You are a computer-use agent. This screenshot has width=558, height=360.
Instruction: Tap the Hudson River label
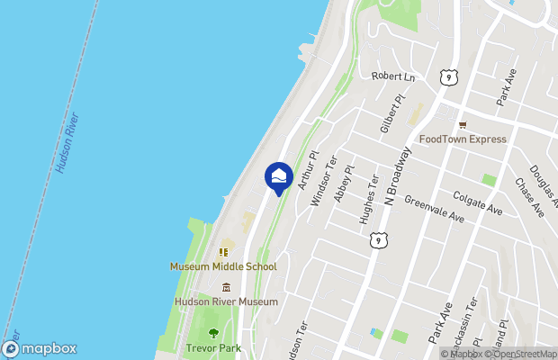[x=67, y=142]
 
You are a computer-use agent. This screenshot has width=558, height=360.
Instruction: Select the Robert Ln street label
[x=393, y=77]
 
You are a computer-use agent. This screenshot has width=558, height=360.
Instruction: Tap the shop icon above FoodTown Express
[x=463, y=125]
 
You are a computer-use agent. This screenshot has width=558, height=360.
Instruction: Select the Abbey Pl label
[x=344, y=183]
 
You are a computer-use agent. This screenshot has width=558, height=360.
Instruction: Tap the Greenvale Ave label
[x=434, y=211]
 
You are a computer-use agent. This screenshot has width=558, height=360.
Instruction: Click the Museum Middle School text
[x=223, y=266]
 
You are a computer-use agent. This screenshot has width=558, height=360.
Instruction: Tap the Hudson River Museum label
[x=225, y=301]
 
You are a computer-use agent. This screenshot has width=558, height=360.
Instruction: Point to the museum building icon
[x=225, y=287]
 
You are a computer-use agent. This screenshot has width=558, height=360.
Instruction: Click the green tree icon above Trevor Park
[x=213, y=333]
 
